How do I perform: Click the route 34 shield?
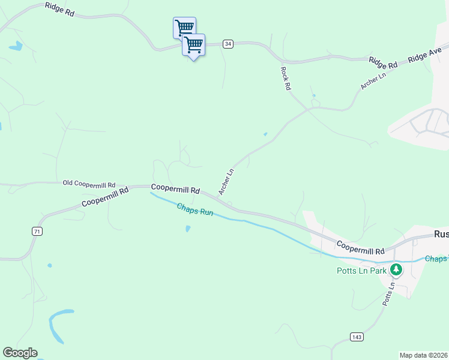tap(228, 44)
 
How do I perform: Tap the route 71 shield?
tap(37, 231)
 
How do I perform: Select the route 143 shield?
tap(357, 337)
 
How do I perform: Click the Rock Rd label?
tap(286, 78)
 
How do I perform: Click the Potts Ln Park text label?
tap(361, 270)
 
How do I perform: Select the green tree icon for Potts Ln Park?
tap(396, 269)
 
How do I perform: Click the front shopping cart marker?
tap(193, 45)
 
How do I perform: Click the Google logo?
tap(20, 353)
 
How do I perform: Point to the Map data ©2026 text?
tap(424, 355)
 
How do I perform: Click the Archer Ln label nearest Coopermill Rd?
tap(226, 182)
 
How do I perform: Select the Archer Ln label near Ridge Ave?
tap(373, 80)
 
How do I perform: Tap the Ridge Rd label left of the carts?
tap(59, 9)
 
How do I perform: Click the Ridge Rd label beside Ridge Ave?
tap(384, 62)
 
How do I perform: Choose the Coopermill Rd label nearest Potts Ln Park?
tap(360, 247)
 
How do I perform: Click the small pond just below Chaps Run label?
tap(188, 229)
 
